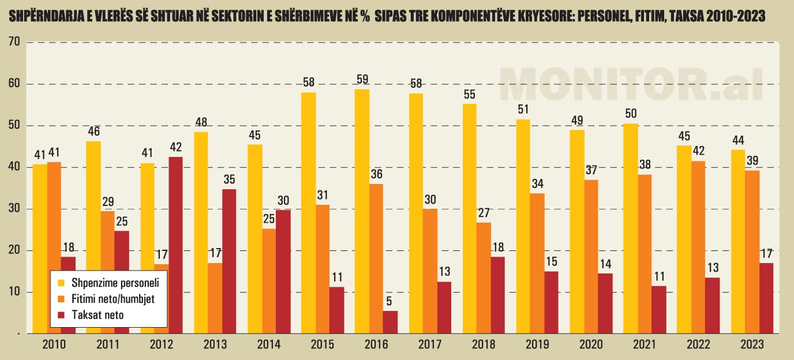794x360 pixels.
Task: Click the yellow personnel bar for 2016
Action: [362, 211]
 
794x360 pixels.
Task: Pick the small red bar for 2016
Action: [390, 322]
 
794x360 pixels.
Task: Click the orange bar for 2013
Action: [215, 298]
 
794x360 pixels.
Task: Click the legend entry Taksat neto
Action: [98, 315]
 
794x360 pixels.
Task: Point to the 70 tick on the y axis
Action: [14, 42]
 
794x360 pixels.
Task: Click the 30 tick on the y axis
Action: [14, 209]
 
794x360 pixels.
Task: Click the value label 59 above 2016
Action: [362, 80]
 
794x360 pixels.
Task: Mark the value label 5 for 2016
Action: [390, 301]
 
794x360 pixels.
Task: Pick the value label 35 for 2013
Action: [229, 179]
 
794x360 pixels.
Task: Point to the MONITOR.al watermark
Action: [631, 84]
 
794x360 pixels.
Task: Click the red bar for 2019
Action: [551, 302]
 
